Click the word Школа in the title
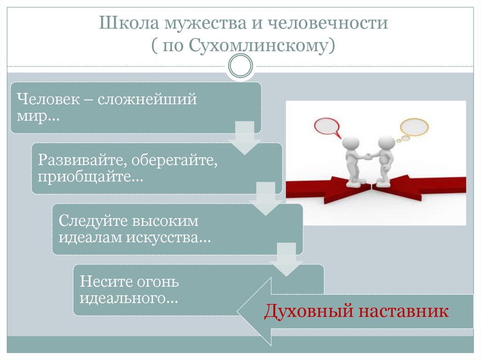[122, 24]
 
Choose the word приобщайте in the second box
[89, 177]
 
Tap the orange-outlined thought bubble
[414, 127]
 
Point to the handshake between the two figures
[369, 154]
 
